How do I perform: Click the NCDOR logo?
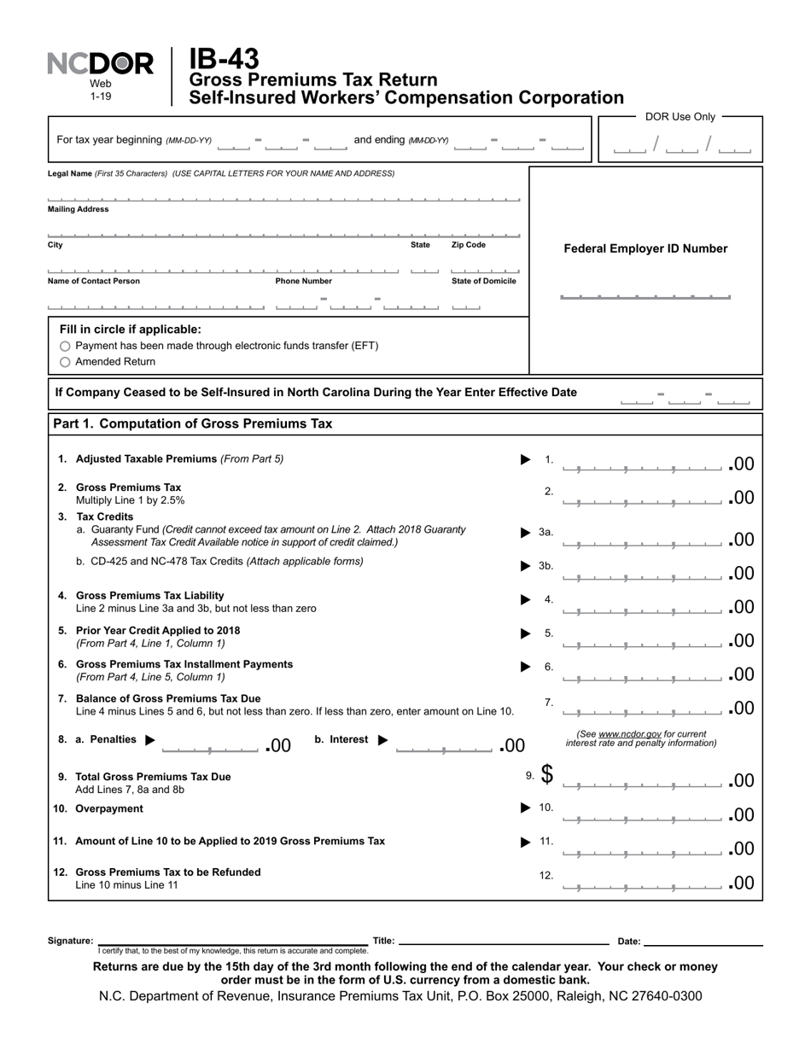[x=100, y=64]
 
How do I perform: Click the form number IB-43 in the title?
[x=224, y=59]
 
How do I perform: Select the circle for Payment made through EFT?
[x=66, y=347]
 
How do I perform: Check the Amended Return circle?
[x=66, y=362]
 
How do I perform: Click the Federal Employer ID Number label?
[x=645, y=249]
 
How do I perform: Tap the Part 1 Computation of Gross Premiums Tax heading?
[x=193, y=424]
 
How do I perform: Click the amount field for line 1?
[x=642, y=464]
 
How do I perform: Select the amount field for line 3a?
[x=642, y=540]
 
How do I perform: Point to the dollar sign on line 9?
[x=546, y=774]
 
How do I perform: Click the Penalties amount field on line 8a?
[x=210, y=746]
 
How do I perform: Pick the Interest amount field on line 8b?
[x=445, y=746]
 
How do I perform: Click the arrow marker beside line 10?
[x=526, y=808]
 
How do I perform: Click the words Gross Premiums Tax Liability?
[x=150, y=596]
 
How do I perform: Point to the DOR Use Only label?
[x=680, y=117]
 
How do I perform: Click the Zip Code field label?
[x=468, y=245]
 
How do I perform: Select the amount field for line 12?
[x=642, y=883]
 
